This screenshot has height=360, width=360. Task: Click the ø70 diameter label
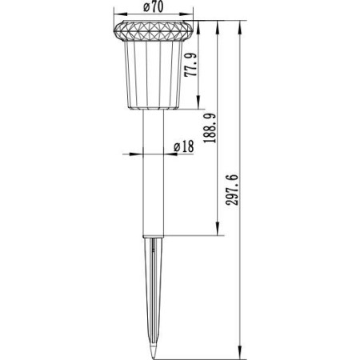tap(154, 7)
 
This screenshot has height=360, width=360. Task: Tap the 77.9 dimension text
tap(191, 65)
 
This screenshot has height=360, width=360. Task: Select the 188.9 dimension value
tap(210, 128)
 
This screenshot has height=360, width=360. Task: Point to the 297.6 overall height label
tap(231, 190)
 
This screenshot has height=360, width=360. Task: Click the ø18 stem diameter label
tap(184, 147)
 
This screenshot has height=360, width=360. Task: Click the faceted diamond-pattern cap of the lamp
tap(154, 31)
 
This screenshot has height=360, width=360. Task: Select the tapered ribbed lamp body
tap(154, 74)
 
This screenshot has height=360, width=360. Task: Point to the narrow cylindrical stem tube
tap(154, 173)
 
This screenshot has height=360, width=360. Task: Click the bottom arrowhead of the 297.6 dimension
tap(240, 352)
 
